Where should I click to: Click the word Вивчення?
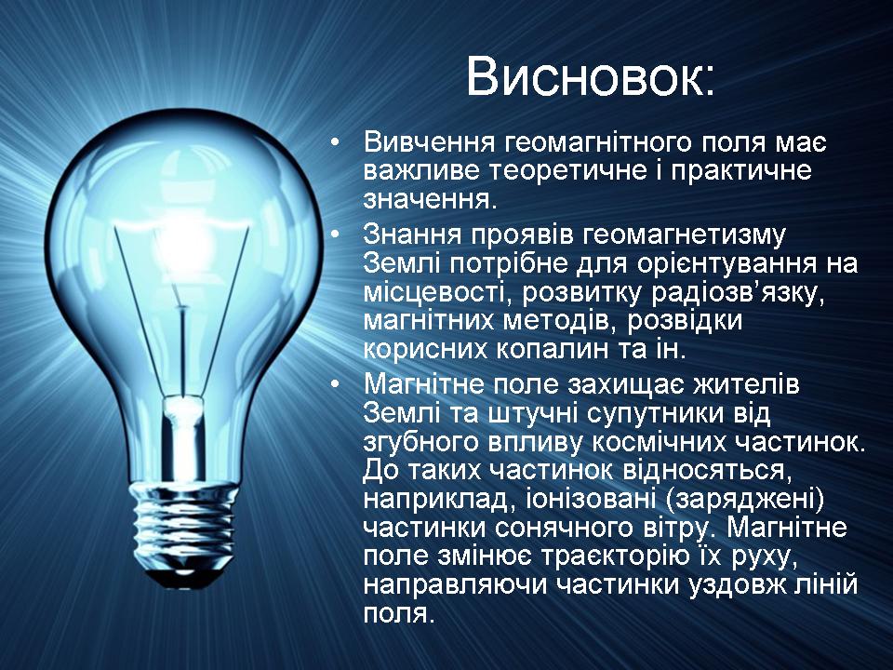430,142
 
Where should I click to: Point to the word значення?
427,201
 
